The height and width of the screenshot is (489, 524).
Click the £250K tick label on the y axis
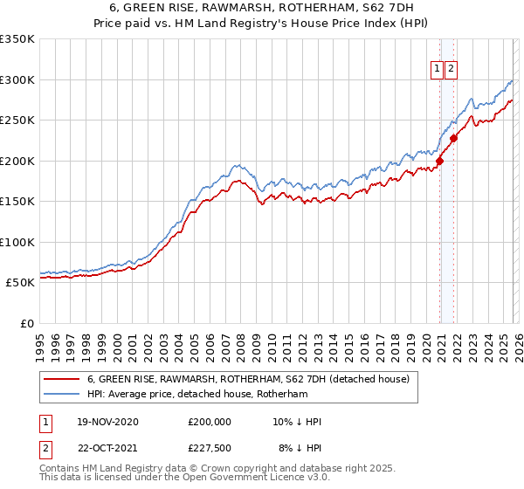[x=17, y=120]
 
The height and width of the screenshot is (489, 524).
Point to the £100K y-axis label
[x=17, y=242]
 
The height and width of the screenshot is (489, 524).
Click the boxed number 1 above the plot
[x=436, y=71]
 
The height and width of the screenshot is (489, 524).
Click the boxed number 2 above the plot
[x=451, y=71]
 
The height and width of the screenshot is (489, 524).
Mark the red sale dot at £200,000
[x=439, y=161]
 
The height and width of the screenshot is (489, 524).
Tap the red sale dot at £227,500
[x=454, y=138]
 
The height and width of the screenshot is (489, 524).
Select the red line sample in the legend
[x=63, y=379]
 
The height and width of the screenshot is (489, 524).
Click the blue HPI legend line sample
[x=63, y=394]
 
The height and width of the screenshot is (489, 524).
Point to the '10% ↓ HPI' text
[x=297, y=422]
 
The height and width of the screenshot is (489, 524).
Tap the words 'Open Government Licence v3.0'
[x=262, y=479]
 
